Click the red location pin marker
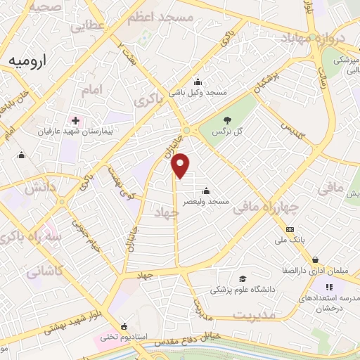[181, 165]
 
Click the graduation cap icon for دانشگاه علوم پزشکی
[243, 279]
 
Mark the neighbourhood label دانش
[39, 188]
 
